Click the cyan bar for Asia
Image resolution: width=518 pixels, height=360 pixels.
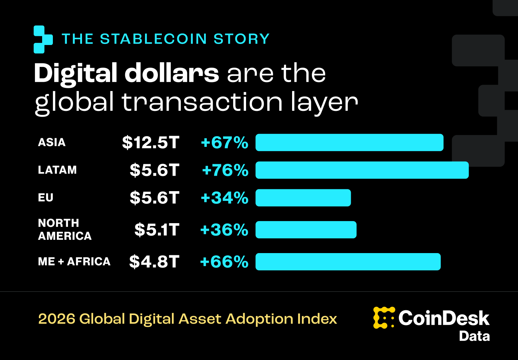349,143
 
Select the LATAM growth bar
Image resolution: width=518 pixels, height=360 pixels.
362,170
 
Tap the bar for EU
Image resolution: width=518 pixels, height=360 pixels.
303,198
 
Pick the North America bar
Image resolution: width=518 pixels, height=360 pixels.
306,230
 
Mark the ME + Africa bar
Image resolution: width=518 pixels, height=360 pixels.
348,262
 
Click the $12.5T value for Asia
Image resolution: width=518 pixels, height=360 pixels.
150,143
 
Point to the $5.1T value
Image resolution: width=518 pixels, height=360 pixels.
156,230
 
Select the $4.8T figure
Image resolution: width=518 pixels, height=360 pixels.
154,262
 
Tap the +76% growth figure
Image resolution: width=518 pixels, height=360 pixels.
225,170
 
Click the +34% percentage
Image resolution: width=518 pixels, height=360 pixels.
224,198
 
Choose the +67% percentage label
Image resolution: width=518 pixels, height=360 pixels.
224,143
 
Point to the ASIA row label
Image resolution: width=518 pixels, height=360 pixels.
52,143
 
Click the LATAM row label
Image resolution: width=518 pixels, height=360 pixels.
57,170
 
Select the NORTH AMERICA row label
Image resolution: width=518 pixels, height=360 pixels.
65,230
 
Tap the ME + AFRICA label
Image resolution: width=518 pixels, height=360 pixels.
74,261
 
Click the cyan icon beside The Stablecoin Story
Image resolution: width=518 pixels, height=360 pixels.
43,39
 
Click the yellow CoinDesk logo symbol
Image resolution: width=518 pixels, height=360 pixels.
384,318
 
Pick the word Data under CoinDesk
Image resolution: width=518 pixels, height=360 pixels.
474,336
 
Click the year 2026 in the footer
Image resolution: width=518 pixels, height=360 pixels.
56,319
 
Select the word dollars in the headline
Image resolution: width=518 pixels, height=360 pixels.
172,73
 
